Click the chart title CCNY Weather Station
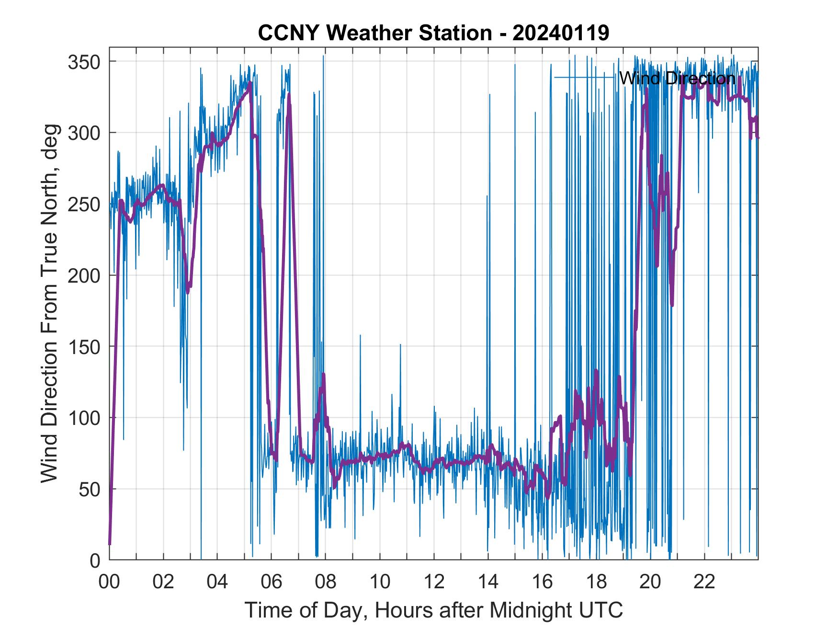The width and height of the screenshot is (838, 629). tap(375, 33)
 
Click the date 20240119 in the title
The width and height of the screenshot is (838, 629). tap(561, 33)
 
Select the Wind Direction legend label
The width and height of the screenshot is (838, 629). tap(677, 78)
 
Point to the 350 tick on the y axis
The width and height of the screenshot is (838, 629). tap(84, 62)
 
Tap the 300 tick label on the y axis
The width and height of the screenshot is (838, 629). tap(84, 133)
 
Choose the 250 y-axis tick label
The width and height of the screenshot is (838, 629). tap(84, 204)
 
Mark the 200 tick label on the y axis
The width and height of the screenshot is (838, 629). tap(84, 275)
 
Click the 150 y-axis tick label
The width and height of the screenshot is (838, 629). tap(84, 346)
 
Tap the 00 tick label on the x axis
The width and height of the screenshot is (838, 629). tap(109, 582)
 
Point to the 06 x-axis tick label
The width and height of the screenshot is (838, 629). tap(272, 582)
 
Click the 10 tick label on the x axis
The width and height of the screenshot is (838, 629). tap(380, 582)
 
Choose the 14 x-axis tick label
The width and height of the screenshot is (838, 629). tap(488, 582)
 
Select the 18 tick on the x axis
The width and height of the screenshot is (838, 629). tap(596, 582)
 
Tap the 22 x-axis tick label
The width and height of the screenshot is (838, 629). tap(704, 582)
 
